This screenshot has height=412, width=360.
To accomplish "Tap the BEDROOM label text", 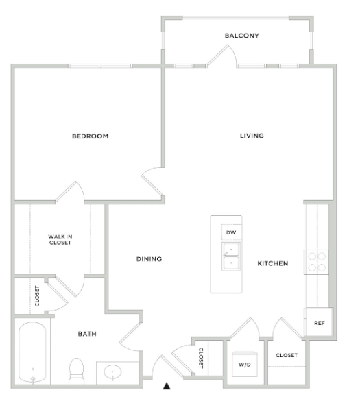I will [x=91, y=136].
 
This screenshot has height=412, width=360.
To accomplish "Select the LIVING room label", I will [x=252, y=136].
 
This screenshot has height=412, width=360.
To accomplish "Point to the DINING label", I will [x=148, y=259].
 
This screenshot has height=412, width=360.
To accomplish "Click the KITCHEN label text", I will [x=272, y=263].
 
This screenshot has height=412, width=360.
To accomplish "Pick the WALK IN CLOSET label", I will [x=60, y=239].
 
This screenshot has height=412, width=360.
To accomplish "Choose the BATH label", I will [x=86, y=334].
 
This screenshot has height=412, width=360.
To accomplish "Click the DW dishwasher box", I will [x=231, y=232].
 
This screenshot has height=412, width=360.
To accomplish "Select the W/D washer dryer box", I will [x=243, y=364].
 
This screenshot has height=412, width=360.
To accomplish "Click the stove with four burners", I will [x=316, y=261].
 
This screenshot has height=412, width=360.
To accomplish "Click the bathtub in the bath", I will [x=32, y=353].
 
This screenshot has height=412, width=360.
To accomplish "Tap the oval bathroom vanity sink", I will [x=113, y=372].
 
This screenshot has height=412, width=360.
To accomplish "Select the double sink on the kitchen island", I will [x=231, y=256].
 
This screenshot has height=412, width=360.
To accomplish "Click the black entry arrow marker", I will [x=166, y=387].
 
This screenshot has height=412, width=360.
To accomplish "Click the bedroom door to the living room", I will [x=152, y=182].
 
